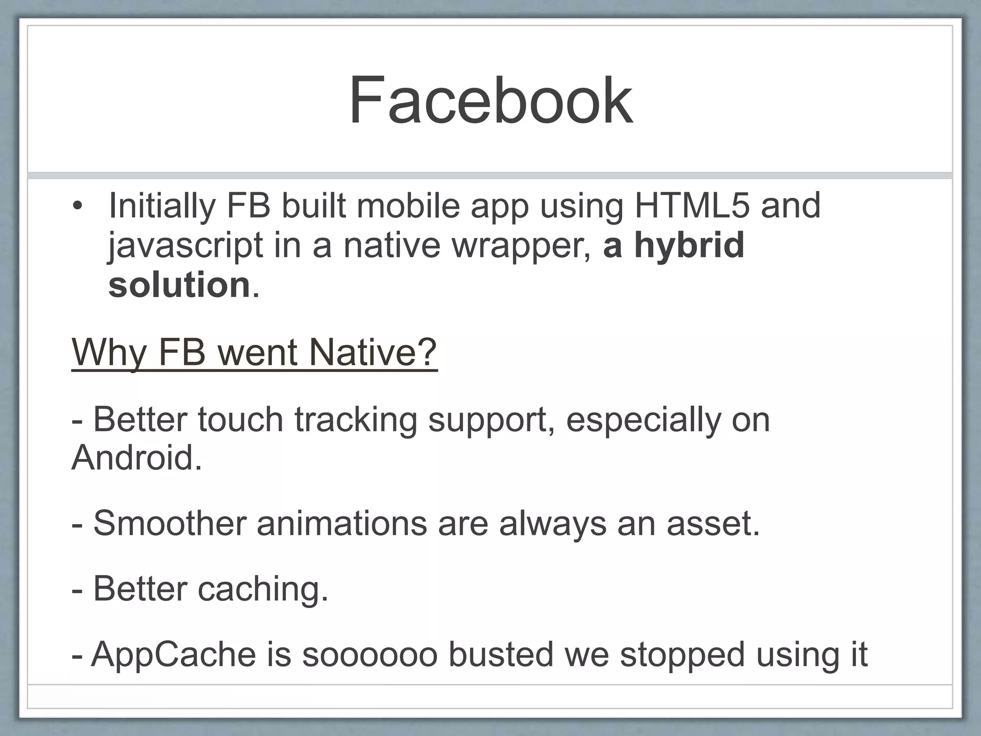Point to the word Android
[136, 458]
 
